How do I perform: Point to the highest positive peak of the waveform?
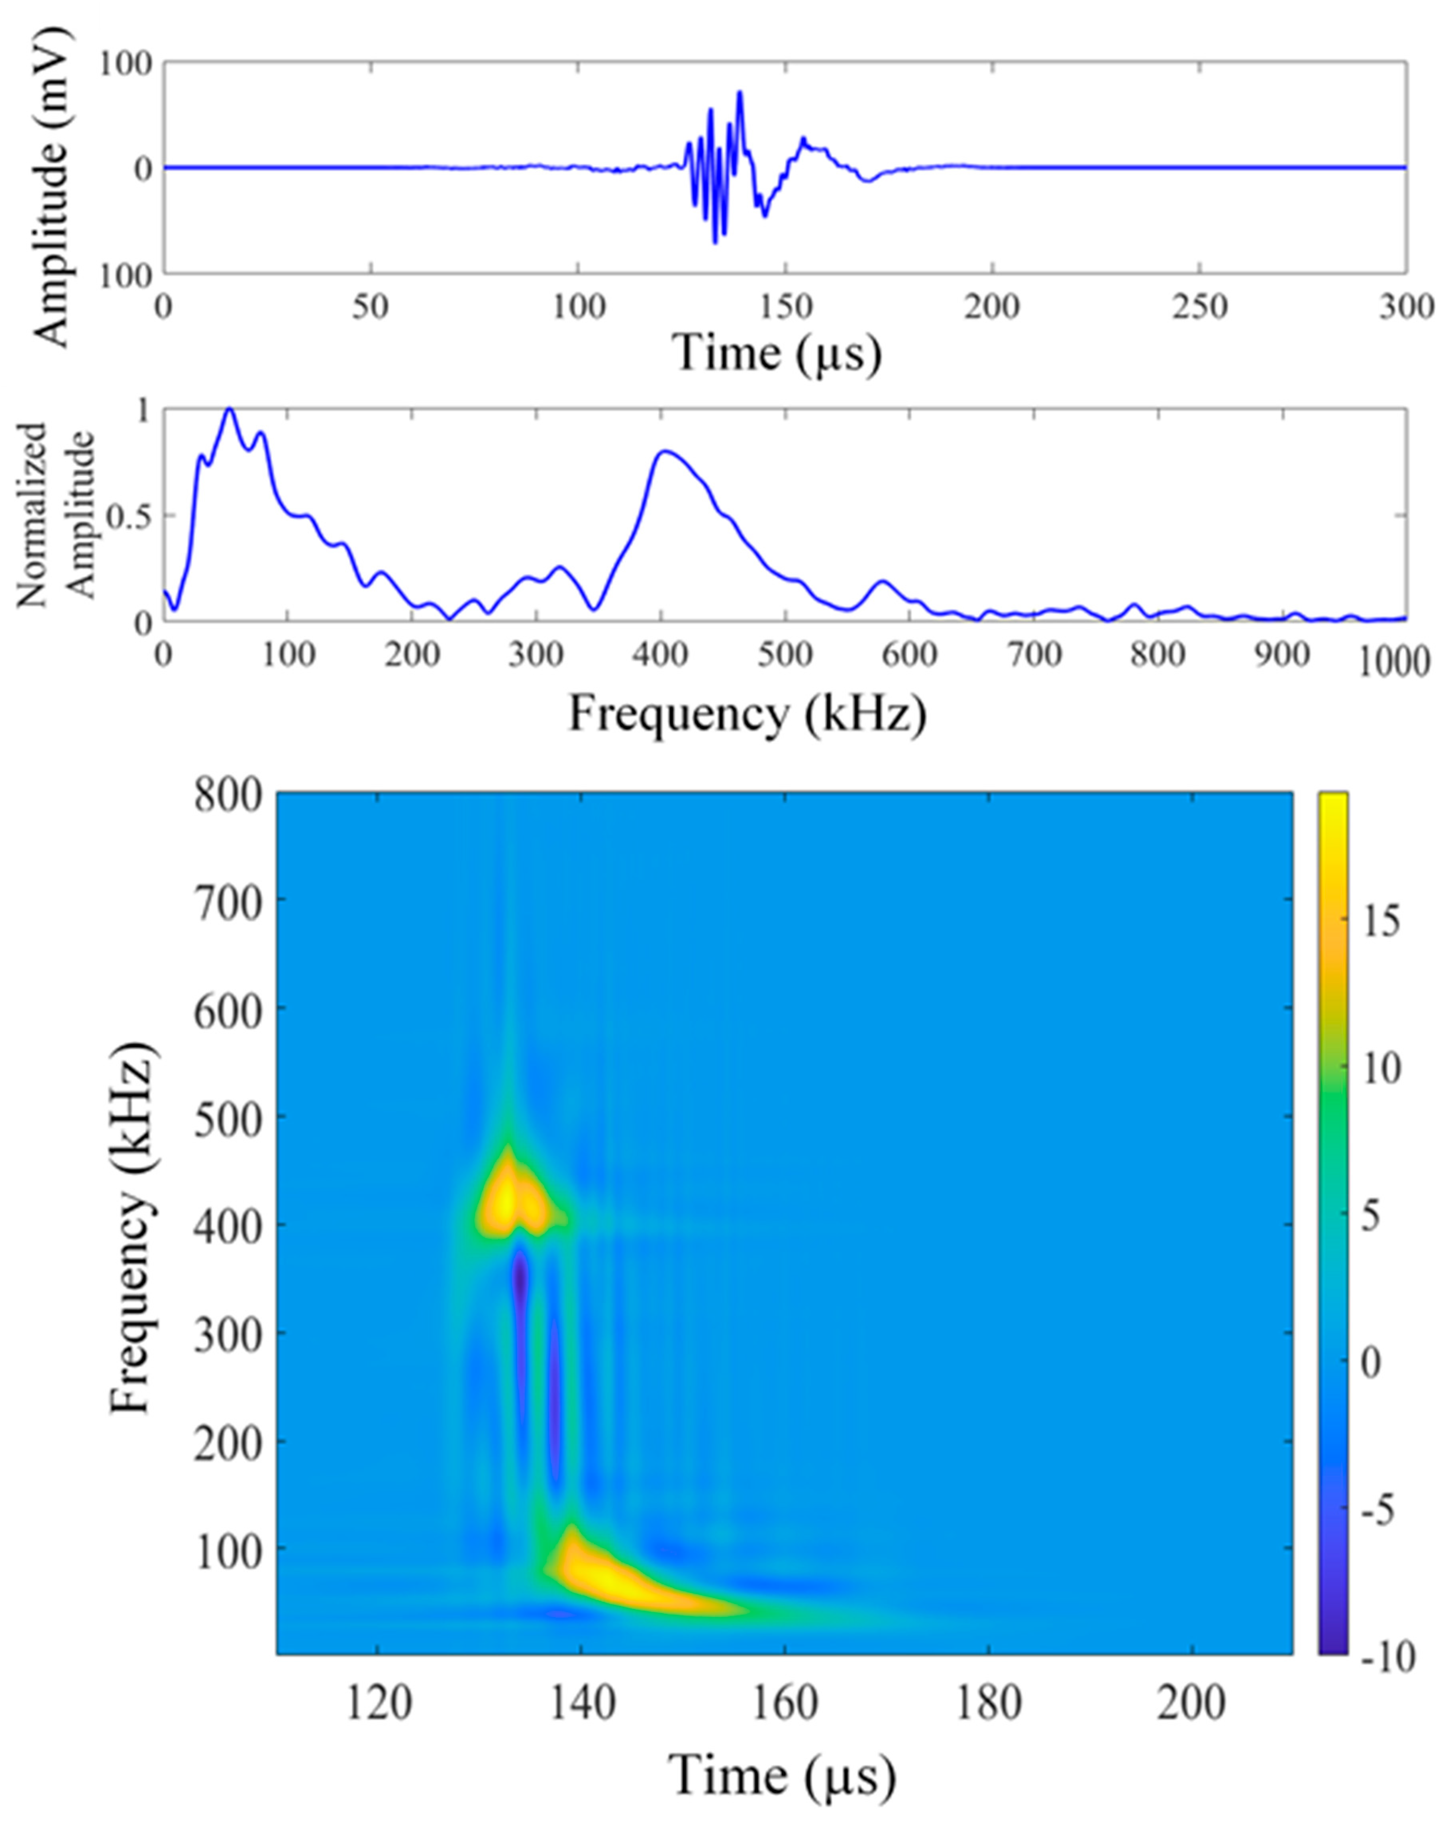pos(740,92)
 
